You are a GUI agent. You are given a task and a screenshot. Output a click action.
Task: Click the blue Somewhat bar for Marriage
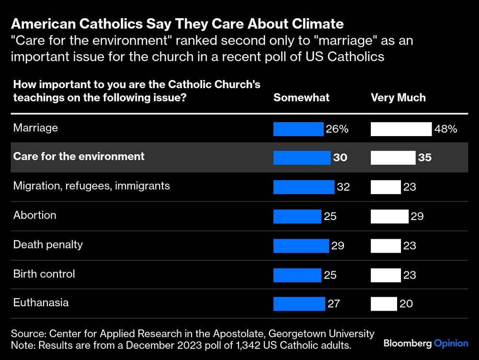[298, 129]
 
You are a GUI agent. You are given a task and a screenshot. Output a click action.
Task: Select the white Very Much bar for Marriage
[401, 129]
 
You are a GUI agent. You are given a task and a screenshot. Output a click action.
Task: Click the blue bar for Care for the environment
[302, 158]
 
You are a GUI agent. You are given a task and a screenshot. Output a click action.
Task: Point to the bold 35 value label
[424, 158]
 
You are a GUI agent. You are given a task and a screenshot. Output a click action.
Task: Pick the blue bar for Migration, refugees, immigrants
[304, 187]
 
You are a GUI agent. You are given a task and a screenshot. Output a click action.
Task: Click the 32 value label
[343, 187]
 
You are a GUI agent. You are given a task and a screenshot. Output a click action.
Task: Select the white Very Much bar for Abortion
[389, 216]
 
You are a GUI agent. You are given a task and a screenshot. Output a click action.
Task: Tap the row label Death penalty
[48, 244]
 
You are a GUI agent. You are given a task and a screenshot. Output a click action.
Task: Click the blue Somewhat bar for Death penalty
[301, 245]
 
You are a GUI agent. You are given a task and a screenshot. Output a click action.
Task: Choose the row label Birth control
[44, 274]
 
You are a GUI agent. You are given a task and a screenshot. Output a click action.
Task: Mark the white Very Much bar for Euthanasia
[384, 303]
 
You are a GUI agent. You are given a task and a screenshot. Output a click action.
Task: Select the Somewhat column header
[301, 98]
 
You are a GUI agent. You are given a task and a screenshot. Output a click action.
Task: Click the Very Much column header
[398, 98]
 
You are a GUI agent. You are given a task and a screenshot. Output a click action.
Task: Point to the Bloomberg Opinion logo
[425, 343]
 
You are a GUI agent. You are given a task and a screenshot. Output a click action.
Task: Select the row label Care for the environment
[79, 156]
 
